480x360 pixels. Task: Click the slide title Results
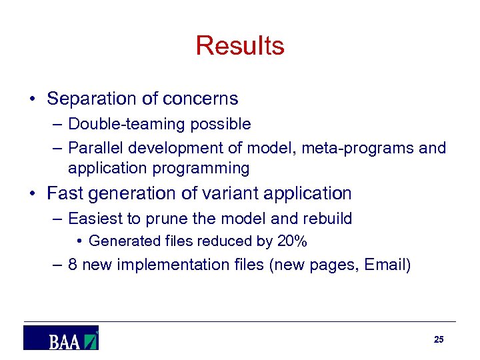tap(240, 46)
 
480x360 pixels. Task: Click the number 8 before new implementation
tap(73, 265)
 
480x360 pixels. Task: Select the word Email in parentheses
tap(385, 265)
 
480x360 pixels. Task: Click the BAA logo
tap(61, 338)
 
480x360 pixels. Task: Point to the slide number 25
tap(438, 340)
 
